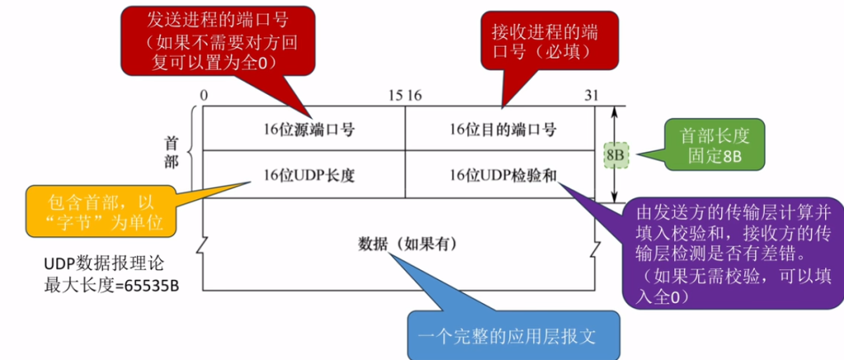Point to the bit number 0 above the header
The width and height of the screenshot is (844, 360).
click(204, 96)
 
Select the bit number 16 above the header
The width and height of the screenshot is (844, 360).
click(414, 96)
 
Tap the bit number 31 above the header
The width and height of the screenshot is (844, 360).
click(591, 96)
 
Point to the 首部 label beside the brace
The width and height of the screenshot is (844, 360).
click(171, 152)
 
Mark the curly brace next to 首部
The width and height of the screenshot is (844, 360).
click(192, 151)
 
